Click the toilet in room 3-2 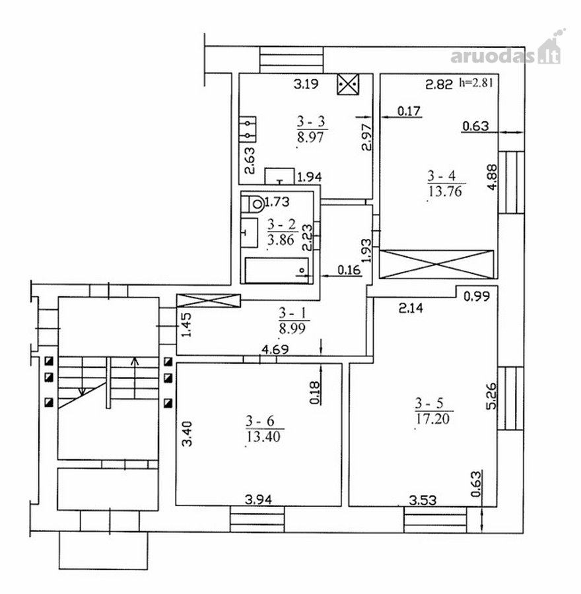tap(253, 204)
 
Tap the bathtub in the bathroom tap(277, 270)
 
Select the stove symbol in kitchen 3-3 tap(248, 129)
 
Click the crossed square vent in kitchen tap(348, 84)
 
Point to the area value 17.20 tap(433, 418)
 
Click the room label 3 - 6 tap(260, 421)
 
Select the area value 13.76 tap(445, 191)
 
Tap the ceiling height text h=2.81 tap(477, 82)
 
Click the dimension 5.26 tap(491, 395)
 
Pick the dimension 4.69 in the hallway tap(275, 349)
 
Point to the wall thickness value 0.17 tap(409, 111)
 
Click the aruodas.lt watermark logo tap(507, 50)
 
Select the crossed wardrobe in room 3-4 tap(436, 264)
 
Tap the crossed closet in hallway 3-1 tap(209, 300)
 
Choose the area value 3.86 tap(281, 240)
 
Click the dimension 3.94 tap(258, 500)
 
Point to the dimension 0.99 tap(477, 296)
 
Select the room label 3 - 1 tap(293, 313)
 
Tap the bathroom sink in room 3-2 tap(250, 233)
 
